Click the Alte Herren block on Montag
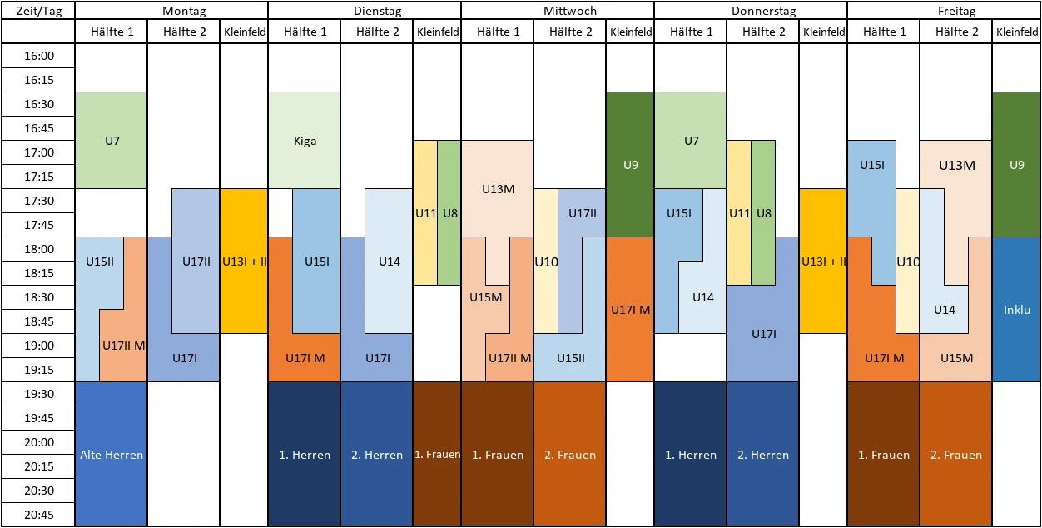(x=112, y=454)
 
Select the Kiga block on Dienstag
(x=305, y=141)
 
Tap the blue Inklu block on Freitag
(x=1016, y=310)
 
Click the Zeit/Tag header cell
(x=37, y=11)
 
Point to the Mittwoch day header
(x=558, y=11)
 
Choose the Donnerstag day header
(x=751, y=11)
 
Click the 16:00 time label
(x=38, y=56)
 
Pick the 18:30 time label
(x=38, y=297)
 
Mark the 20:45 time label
(x=38, y=515)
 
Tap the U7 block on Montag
(x=112, y=141)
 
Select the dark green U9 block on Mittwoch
(x=630, y=165)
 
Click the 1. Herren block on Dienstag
(x=305, y=455)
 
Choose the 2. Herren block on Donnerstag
(x=762, y=455)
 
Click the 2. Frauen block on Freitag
(x=956, y=455)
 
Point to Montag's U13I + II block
(x=244, y=261)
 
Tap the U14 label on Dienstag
(x=390, y=262)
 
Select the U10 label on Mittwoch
(x=546, y=262)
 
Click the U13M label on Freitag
(x=956, y=165)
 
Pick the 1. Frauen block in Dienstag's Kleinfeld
(x=437, y=455)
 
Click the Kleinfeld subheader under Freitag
(x=1016, y=32)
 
